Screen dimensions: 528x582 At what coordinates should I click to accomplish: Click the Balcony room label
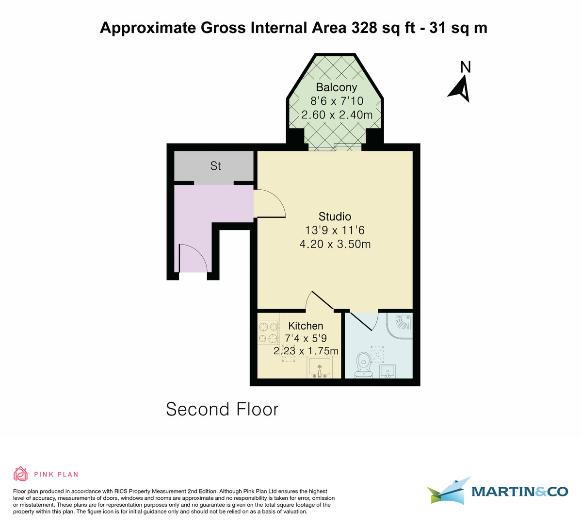(336, 87)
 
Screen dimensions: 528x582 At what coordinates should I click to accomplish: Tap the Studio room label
(335, 216)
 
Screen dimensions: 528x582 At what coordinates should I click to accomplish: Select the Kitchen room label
(306, 326)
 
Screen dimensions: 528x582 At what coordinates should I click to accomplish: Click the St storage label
(215, 166)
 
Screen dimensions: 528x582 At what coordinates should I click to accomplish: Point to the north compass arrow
(460, 87)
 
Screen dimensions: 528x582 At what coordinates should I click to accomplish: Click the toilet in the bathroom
(363, 365)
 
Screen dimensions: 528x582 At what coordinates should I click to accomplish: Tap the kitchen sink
(320, 367)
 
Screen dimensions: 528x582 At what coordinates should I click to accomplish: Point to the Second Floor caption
(222, 409)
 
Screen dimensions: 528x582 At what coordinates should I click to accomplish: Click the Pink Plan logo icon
(20, 474)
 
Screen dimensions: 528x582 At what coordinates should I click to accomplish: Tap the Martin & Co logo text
(519, 492)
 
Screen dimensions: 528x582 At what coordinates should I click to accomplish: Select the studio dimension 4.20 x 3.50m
(335, 244)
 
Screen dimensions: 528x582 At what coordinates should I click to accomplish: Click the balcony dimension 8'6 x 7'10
(337, 101)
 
